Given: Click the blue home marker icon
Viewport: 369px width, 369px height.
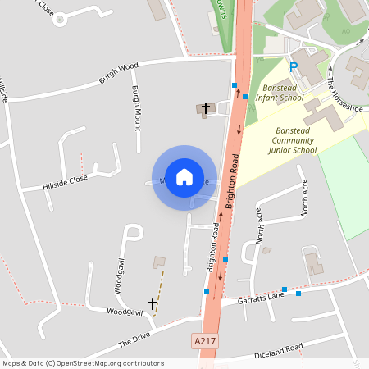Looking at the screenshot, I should (x=184, y=177).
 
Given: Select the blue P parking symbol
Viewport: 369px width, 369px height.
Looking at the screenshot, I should (x=294, y=66).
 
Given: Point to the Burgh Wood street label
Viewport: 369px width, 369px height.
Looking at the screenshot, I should (x=118, y=72).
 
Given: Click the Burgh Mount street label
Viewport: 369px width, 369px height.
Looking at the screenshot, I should (x=136, y=107).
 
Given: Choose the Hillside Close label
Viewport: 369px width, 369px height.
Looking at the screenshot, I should (x=65, y=183).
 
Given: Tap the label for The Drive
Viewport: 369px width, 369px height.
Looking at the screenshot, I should (x=135, y=332).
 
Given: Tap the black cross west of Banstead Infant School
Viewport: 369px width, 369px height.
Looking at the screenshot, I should (x=206, y=107).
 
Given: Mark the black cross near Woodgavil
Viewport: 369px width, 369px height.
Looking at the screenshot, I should (x=152, y=304).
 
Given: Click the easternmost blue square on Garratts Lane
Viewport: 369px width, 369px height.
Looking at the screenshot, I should (x=298, y=293).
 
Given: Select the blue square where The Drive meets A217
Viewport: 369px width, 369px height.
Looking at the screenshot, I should (x=207, y=292).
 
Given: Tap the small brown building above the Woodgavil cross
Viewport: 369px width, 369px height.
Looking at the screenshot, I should (x=158, y=262).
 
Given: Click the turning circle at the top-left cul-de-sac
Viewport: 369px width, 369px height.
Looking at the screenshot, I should (x=59, y=20).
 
